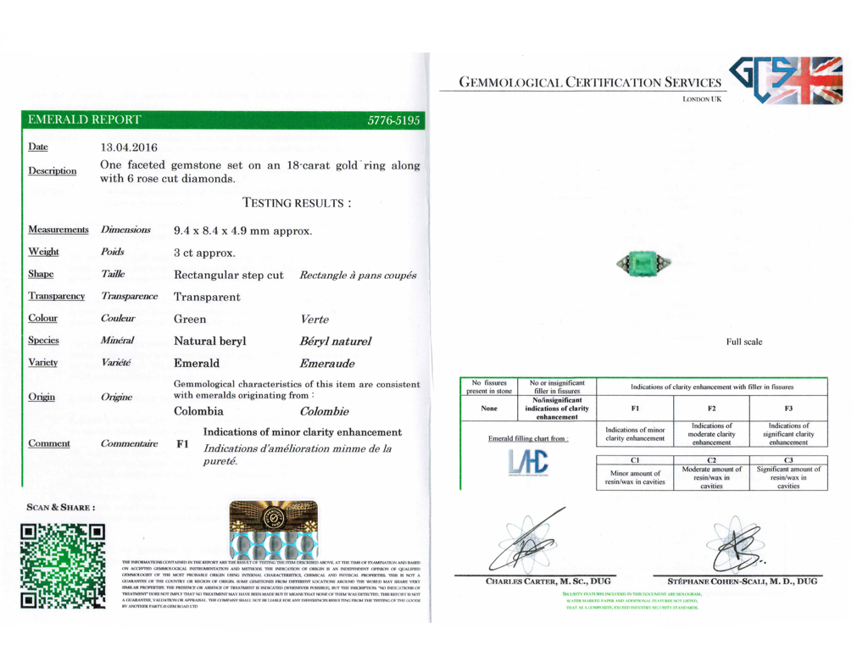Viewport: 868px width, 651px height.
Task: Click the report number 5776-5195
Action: tap(393, 120)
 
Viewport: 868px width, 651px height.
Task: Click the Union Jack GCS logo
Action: tap(787, 81)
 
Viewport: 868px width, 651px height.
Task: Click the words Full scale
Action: tap(743, 342)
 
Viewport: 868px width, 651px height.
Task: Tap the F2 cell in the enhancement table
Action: tap(711, 407)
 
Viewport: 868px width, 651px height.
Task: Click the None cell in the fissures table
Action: tap(489, 407)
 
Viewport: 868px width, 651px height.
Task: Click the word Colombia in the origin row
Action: tap(198, 411)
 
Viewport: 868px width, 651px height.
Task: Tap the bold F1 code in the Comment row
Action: tap(182, 443)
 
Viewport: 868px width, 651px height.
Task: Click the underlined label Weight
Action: tap(43, 252)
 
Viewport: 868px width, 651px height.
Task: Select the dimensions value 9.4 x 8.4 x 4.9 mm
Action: tap(242, 230)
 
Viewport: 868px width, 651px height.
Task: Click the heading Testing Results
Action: tap(297, 203)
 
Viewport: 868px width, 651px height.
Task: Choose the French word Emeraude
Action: tap(327, 363)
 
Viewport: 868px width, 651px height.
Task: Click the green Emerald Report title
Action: tap(85, 120)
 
